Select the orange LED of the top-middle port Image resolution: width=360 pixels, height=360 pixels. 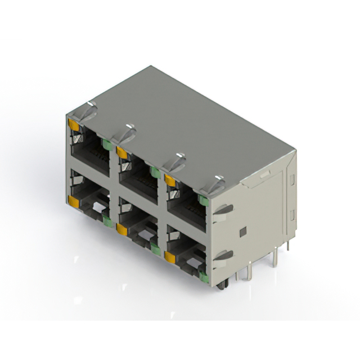[121, 151]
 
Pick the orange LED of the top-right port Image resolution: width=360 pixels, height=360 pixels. [169, 179]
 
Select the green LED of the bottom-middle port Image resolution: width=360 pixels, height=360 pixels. [154, 247]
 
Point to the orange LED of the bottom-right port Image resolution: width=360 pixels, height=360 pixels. [169, 257]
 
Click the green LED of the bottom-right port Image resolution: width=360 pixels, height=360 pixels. [202, 275]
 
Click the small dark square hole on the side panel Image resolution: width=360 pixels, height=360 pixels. [242, 231]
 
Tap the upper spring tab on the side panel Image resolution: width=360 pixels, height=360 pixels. [223, 209]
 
